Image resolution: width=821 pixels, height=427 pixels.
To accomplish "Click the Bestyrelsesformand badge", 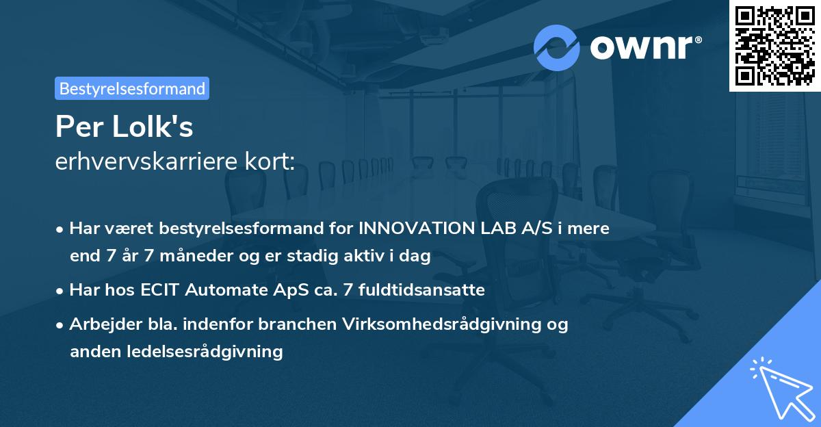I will [132, 88].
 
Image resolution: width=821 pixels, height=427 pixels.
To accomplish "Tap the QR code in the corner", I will [774, 46].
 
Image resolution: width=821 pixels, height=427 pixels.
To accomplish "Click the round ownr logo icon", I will [557, 47].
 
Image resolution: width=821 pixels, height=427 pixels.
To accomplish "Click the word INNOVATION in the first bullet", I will [413, 229].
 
